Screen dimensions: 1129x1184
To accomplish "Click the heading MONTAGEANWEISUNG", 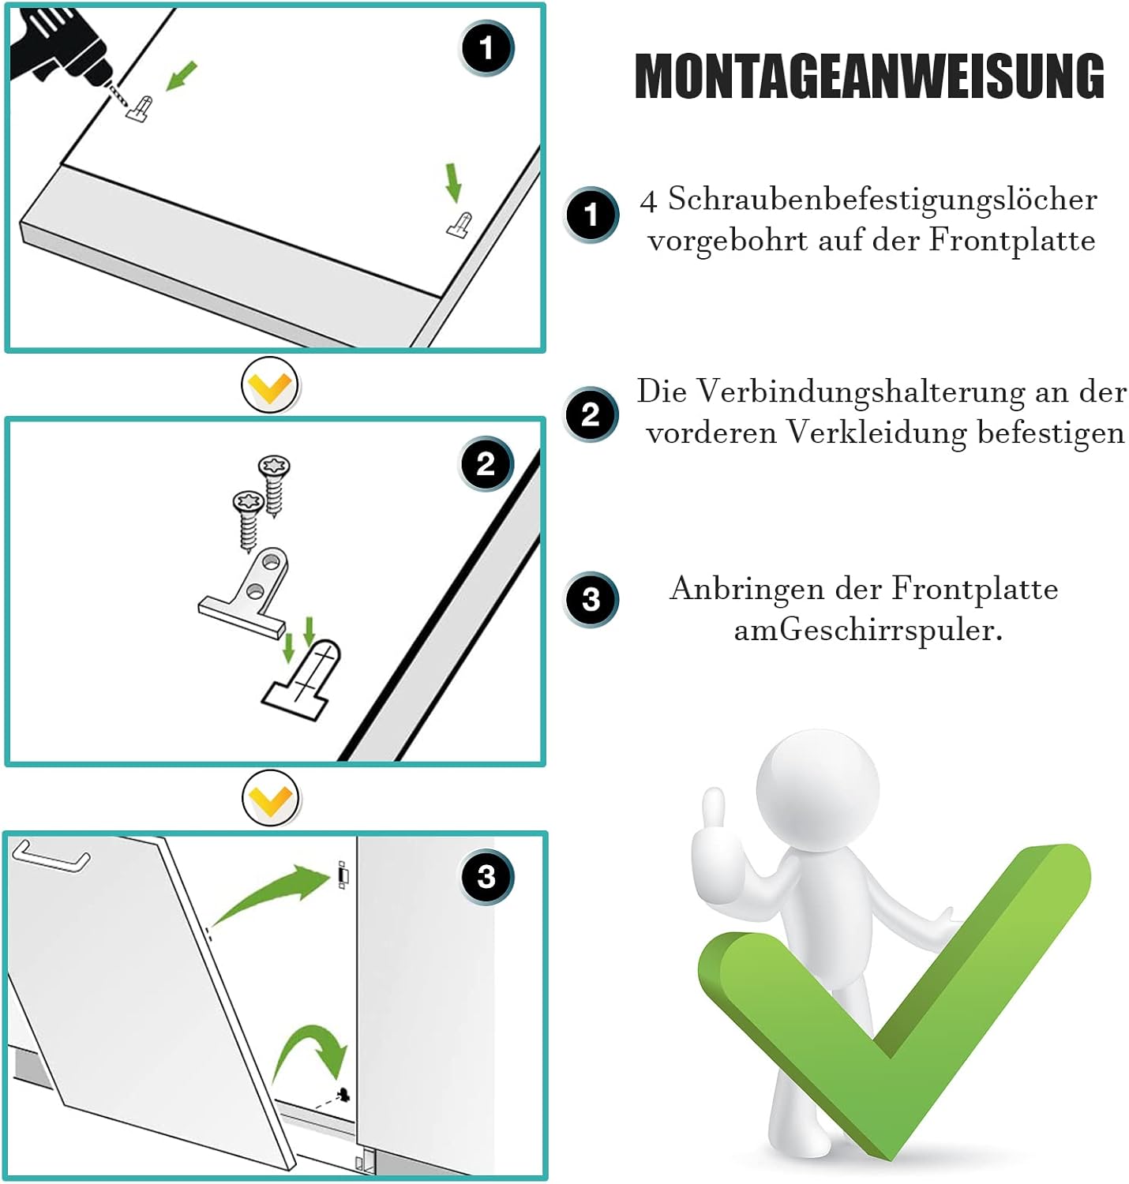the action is (x=869, y=76).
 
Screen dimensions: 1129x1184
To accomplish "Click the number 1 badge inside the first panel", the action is (x=486, y=48).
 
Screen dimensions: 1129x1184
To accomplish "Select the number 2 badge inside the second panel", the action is (x=486, y=463).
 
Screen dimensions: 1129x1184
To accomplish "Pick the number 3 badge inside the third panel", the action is (x=487, y=877).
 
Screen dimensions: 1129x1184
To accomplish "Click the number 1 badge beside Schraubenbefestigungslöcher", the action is (x=591, y=215).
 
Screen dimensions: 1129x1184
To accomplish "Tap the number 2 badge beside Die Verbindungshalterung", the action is (x=591, y=414).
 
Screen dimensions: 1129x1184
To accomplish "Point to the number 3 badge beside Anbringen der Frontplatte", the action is (x=591, y=600).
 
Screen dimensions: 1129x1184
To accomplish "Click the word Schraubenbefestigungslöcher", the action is (x=883, y=200).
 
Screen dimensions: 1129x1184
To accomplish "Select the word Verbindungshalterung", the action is (x=861, y=392).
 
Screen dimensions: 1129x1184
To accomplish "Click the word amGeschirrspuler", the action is (x=868, y=631).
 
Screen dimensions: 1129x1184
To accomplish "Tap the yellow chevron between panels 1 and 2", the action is (x=271, y=385).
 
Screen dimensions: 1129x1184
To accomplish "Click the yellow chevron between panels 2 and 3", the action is (x=271, y=799).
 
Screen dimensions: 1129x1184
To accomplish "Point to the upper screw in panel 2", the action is (x=274, y=485).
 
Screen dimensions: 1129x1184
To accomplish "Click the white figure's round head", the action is (x=817, y=789).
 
